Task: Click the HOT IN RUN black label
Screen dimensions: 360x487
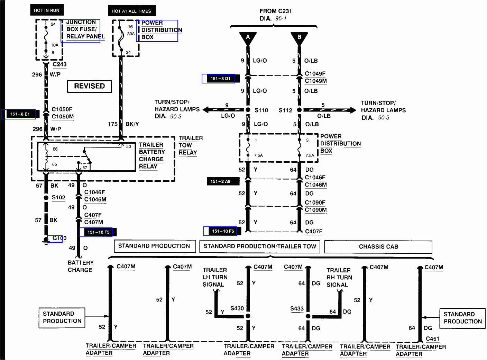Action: [x=47, y=10]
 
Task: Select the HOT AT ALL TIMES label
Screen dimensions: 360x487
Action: [x=131, y=11]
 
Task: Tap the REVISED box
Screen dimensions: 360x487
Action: [x=90, y=86]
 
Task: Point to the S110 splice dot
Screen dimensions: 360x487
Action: [x=248, y=110]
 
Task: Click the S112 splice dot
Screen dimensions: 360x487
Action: [x=299, y=110]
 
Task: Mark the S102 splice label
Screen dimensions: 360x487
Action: [x=58, y=198]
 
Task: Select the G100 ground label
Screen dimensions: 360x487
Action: [x=59, y=238]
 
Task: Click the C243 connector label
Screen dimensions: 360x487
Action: [x=59, y=64]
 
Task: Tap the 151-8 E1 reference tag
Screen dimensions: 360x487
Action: [x=20, y=114]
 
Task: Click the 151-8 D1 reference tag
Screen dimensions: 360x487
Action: [x=221, y=79]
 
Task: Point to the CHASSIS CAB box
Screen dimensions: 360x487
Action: [x=378, y=247]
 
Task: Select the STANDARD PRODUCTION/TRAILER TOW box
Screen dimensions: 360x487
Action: [x=260, y=246]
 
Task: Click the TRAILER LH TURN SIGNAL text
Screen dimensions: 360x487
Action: [x=215, y=277]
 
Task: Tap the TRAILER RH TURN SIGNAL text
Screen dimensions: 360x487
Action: [x=339, y=278]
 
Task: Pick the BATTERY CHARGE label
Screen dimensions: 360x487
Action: [x=80, y=266]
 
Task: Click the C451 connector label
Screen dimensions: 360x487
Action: [x=432, y=339]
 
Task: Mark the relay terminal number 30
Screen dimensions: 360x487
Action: [x=129, y=146]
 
